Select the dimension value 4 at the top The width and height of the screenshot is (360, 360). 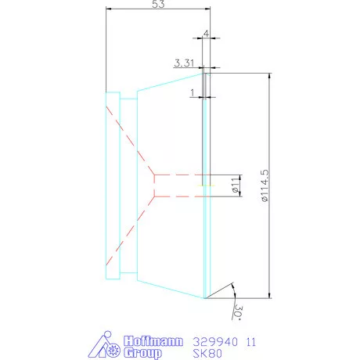pos(205,35)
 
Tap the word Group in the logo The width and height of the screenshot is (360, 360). pos(143,353)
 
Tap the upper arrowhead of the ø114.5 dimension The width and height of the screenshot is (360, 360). pos(269,76)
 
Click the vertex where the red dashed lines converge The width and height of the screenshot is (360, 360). pos(155,185)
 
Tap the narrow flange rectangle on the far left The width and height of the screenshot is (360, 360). pos(112,185)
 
